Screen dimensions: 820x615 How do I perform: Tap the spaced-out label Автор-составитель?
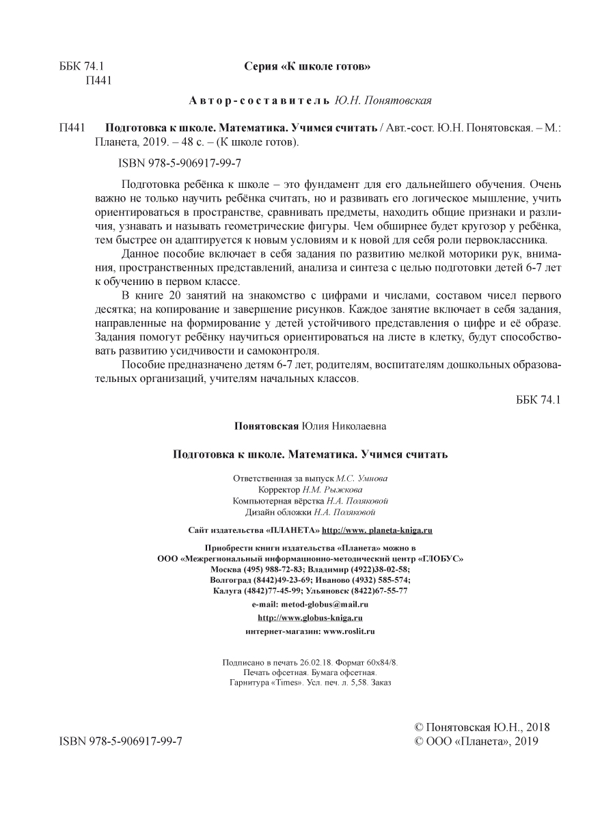(x=260, y=101)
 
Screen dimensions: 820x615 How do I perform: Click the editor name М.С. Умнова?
(x=366, y=479)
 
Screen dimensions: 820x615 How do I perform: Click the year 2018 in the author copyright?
(x=536, y=727)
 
